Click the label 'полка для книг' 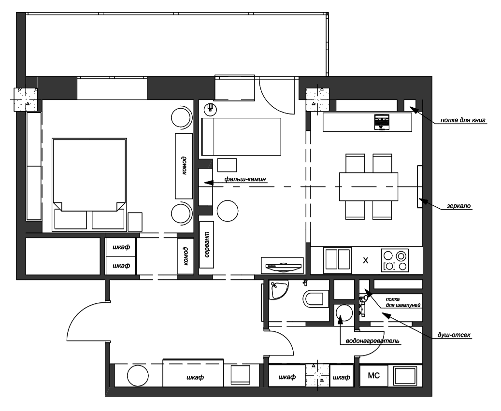coord(463,120)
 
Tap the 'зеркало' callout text coord(458,206)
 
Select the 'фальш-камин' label coord(245,179)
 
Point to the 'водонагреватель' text coord(372,341)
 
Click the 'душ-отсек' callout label coord(454,335)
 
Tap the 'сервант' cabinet coord(206,245)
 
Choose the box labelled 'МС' coord(374,375)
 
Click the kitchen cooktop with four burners coord(395,260)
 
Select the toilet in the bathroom coord(315,299)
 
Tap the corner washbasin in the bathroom coord(277,289)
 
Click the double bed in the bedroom coord(89,184)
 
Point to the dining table coord(369,186)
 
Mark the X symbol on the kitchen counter coord(366,260)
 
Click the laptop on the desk coord(383,122)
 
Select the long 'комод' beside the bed coord(184,166)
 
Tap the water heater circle coord(344,314)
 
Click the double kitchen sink coord(337,260)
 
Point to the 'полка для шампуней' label coord(401,302)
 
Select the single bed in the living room coord(241,137)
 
